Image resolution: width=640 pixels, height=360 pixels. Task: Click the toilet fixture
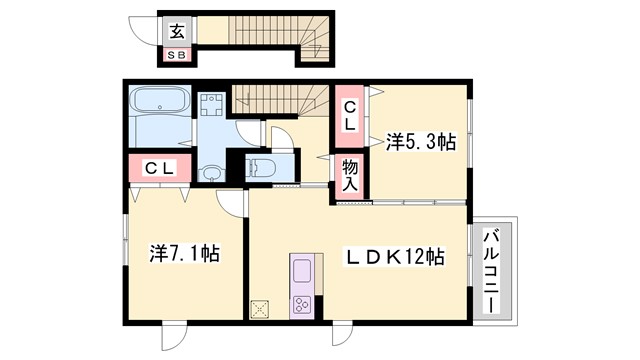pyautogui.click(x=262, y=168)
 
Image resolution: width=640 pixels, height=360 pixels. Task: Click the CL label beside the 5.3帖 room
pyautogui.click(x=350, y=116)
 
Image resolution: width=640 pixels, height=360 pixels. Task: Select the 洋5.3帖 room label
pyautogui.click(x=420, y=143)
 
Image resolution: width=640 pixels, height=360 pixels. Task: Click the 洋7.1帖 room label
pyautogui.click(x=185, y=254)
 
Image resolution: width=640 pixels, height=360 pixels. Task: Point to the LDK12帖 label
pyautogui.click(x=394, y=257)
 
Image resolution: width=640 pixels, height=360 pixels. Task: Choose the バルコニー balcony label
pyautogui.click(x=493, y=271)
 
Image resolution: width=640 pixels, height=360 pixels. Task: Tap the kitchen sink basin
pyautogui.click(x=302, y=270)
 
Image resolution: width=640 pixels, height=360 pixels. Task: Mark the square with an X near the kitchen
pyautogui.click(x=262, y=307)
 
